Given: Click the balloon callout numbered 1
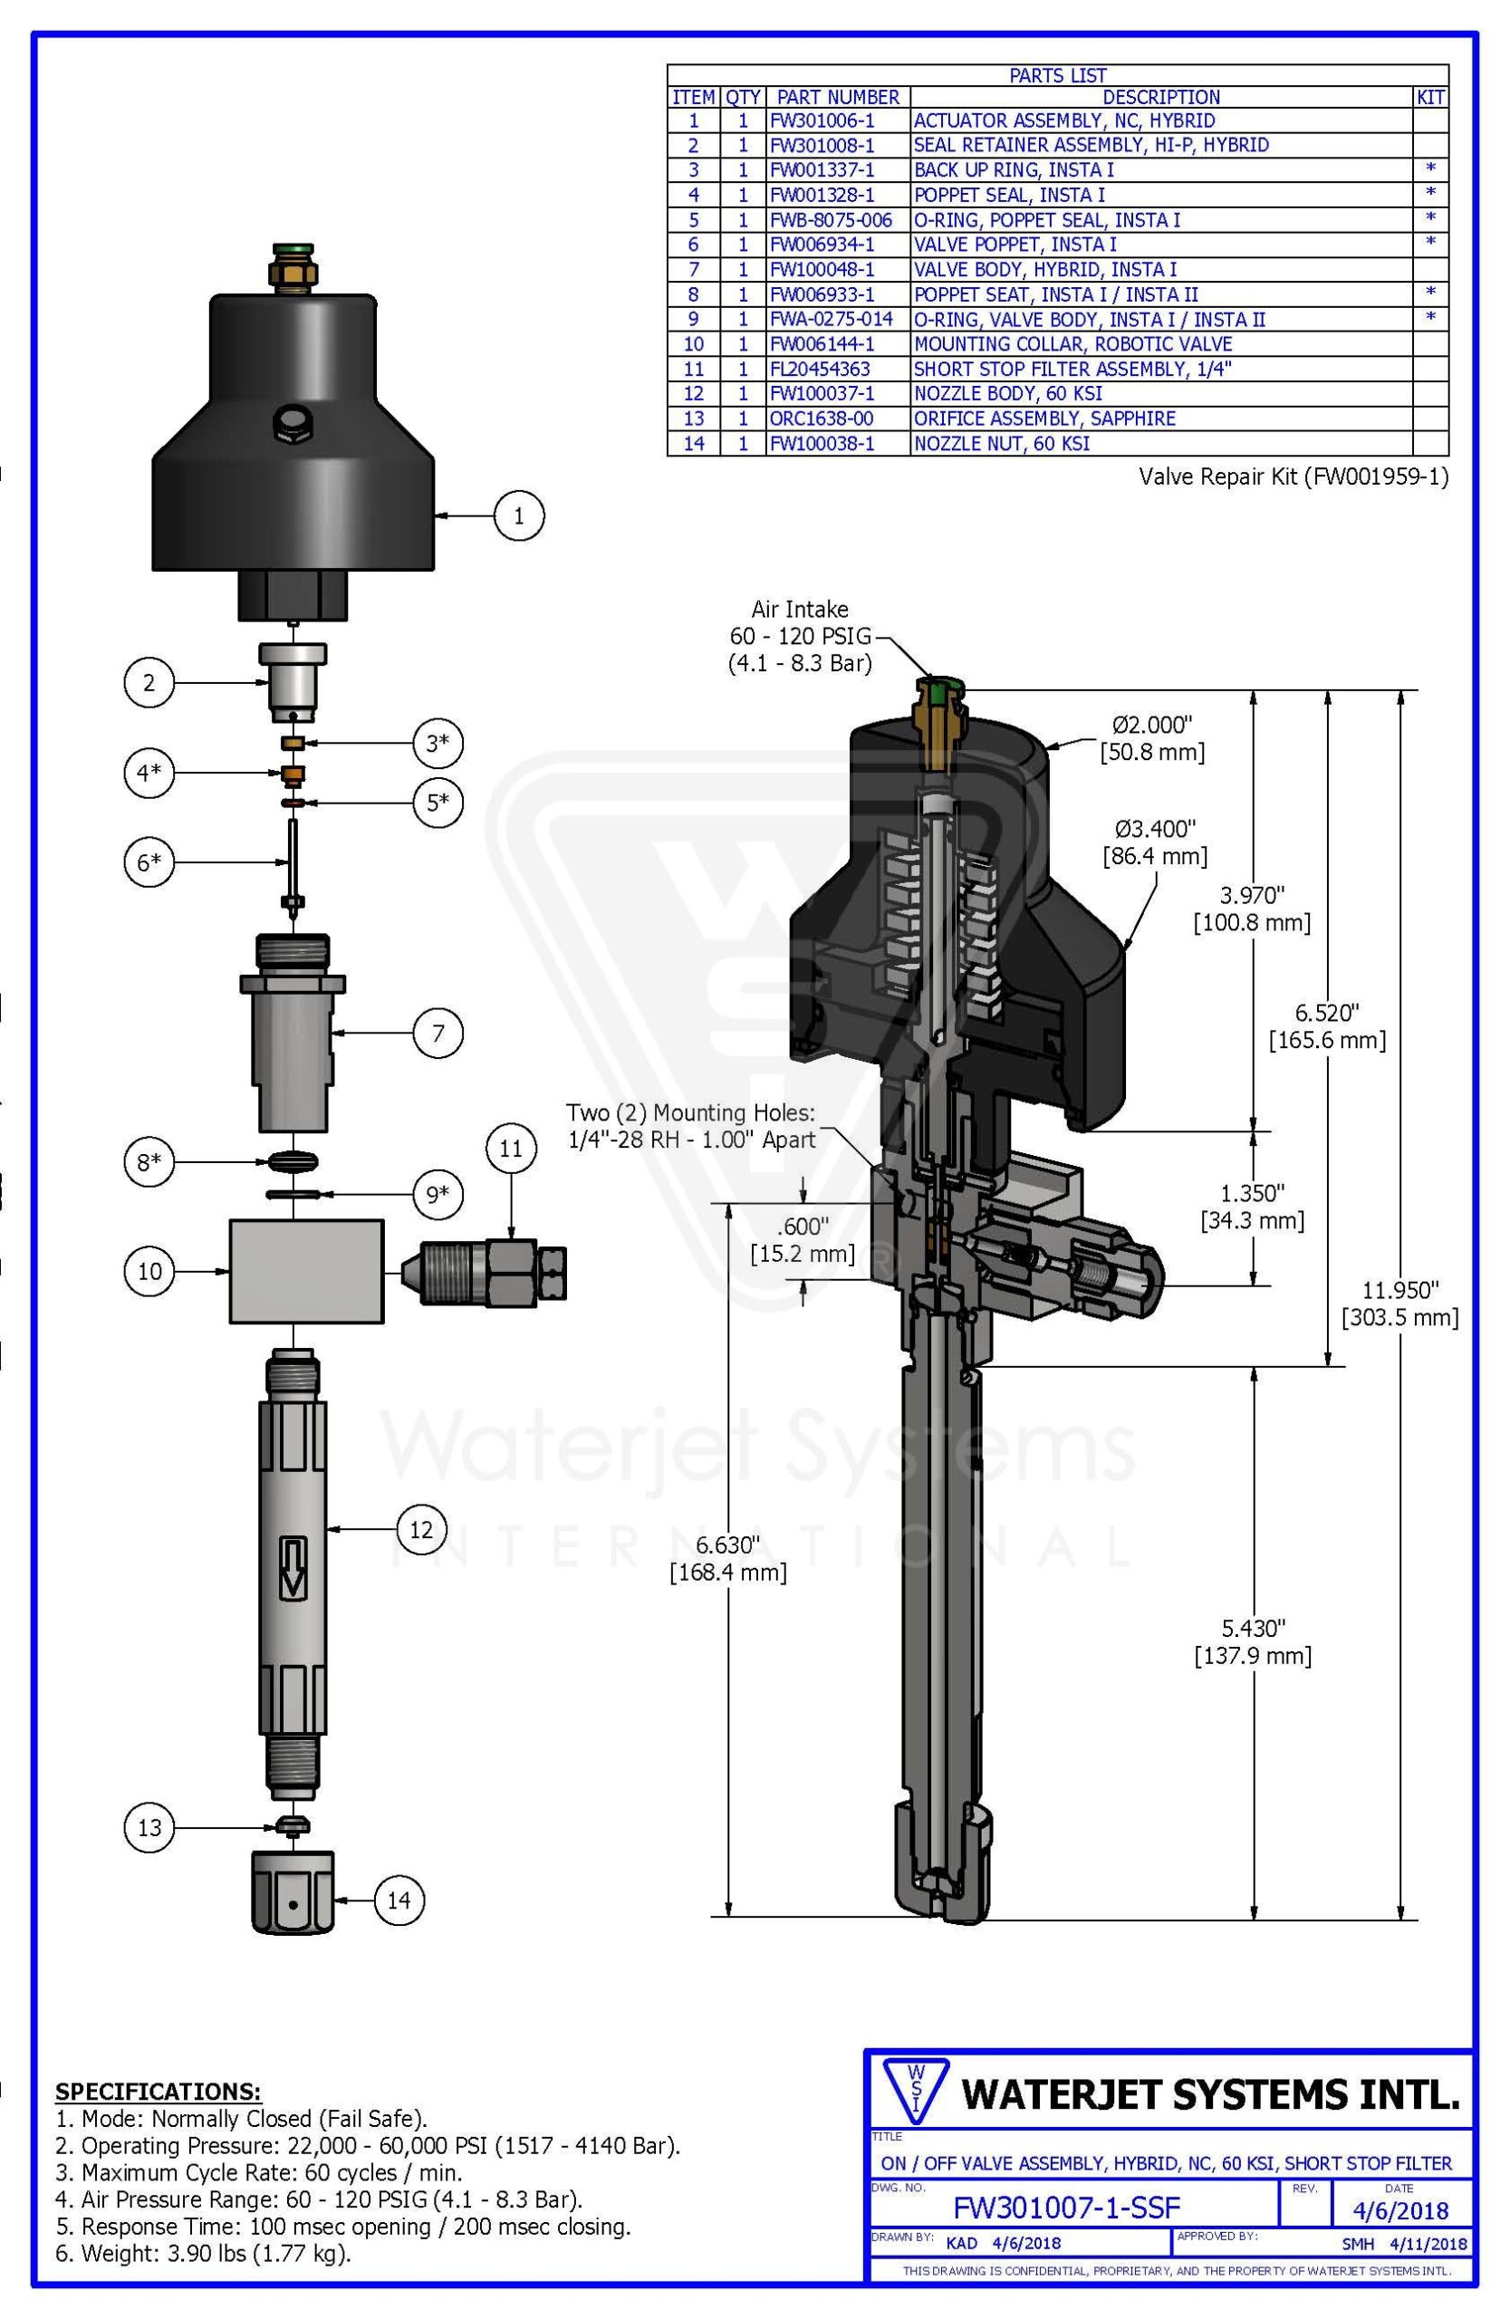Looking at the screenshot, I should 518,515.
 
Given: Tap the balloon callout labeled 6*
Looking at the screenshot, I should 149,862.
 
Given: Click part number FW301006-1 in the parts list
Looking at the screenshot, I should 822,120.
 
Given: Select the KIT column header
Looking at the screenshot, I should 1430,98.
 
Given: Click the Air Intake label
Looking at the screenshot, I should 800,609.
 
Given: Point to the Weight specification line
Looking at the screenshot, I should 204,2253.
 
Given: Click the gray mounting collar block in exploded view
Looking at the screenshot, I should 306,1271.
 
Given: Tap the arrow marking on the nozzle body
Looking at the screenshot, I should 293,1568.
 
